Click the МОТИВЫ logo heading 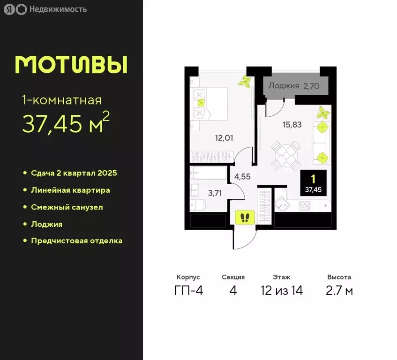(x=71, y=65)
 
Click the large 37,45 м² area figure (x=66, y=123)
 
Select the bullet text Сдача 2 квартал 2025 (x=74, y=173)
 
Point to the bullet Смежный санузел (x=67, y=207)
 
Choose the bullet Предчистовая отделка (x=76, y=241)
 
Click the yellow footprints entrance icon (x=245, y=217)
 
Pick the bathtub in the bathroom (x=208, y=173)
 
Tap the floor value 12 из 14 (x=282, y=291)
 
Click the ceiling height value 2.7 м (x=339, y=291)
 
